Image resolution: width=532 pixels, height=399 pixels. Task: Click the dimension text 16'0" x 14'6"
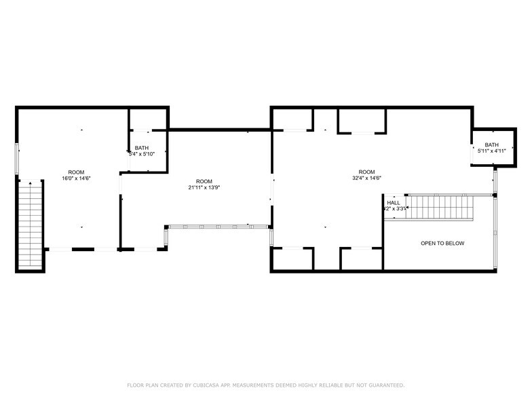tap(76, 178)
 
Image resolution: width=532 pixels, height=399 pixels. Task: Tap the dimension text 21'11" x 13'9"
tap(204, 187)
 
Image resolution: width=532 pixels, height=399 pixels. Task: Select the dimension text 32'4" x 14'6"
tap(366, 178)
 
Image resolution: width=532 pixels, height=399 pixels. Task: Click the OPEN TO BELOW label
tap(442, 244)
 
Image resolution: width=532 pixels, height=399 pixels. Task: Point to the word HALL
tap(394, 202)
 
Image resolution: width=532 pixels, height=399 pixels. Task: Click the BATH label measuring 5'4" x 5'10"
tap(142, 148)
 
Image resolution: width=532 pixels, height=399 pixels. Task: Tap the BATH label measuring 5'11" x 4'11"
tap(491, 145)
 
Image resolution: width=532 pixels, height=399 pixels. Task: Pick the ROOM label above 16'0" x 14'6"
tap(76, 172)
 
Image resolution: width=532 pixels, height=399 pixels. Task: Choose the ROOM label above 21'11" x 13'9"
tap(204, 181)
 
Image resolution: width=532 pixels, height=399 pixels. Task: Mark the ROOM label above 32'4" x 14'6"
tap(366, 172)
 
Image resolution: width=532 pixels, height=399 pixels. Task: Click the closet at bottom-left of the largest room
tap(292, 259)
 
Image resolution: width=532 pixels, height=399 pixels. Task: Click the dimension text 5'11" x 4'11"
tap(491, 151)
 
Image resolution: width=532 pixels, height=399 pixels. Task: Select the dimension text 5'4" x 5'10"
tap(142, 154)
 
